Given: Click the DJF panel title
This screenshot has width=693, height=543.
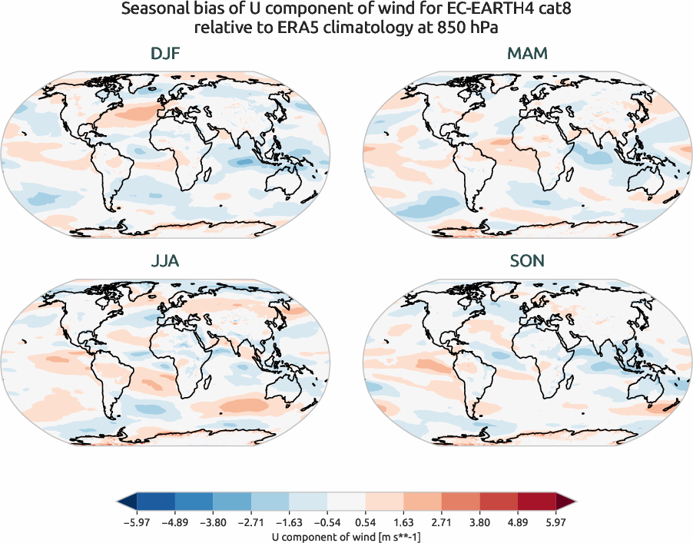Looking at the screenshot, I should [x=166, y=54].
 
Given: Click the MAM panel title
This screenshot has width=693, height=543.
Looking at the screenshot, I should [x=526, y=54].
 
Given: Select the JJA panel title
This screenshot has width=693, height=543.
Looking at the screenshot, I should [x=166, y=261].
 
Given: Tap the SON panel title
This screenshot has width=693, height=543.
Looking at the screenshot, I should [x=526, y=261].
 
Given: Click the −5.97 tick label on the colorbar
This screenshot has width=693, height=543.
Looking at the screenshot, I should [x=135, y=521].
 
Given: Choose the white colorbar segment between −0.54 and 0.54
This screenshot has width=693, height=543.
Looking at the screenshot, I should [x=346, y=502].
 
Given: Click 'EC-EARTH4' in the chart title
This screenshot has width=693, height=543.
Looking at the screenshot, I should [x=458, y=11].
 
